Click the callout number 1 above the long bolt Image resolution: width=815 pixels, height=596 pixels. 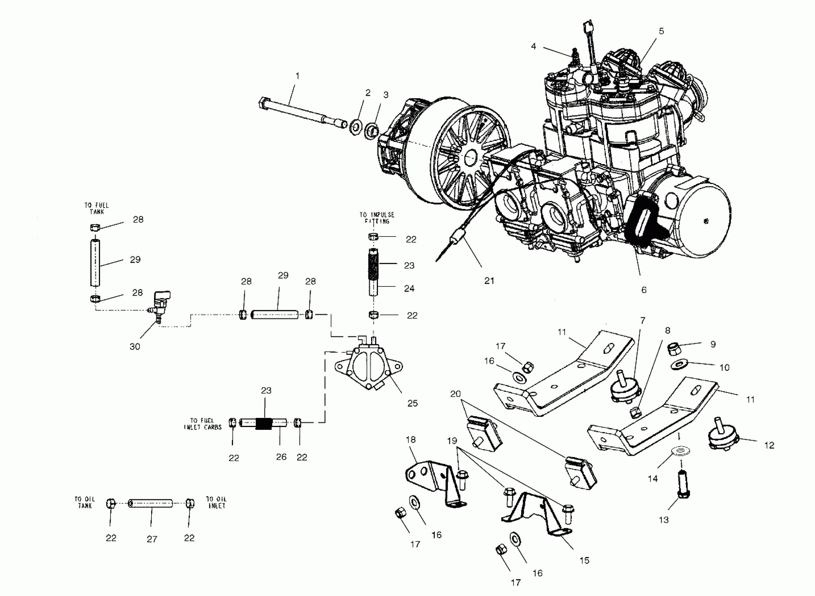click(x=298, y=76)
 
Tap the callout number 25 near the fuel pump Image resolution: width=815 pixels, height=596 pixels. click(x=412, y=403)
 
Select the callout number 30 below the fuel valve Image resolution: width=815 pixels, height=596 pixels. click(x=135, y=347)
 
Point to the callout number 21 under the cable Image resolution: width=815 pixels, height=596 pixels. click(x=489, y=280)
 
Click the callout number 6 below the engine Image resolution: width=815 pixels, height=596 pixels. click(x=643, y=290)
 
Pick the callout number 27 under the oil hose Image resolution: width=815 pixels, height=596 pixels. click(x=152, y=539)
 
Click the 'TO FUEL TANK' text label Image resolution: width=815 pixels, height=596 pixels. click(x=97, y=209)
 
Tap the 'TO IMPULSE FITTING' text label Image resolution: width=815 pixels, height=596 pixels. click(x=377, y=218)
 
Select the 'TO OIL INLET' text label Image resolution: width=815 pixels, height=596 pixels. click(x=216, y=502)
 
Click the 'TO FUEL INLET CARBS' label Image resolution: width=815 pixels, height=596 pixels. click(x=202, y=424)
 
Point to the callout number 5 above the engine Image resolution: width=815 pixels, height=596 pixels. click(x=661, y=31)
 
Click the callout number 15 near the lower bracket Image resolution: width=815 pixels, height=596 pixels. click(x=584, y=561)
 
